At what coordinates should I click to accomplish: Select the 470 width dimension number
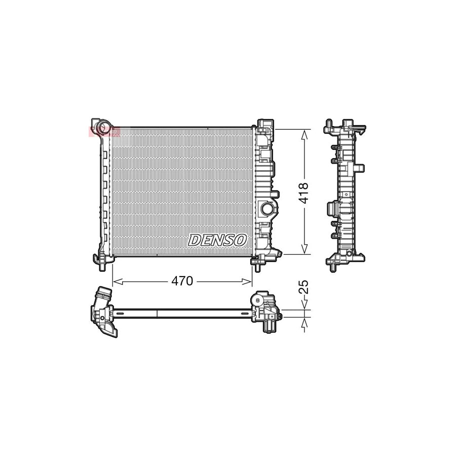182,281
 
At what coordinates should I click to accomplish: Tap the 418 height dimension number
304,193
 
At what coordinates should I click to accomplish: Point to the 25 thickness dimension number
304,287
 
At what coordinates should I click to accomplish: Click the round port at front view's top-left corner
104,126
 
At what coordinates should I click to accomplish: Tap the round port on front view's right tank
267,208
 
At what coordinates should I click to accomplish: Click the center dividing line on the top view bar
158,313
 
